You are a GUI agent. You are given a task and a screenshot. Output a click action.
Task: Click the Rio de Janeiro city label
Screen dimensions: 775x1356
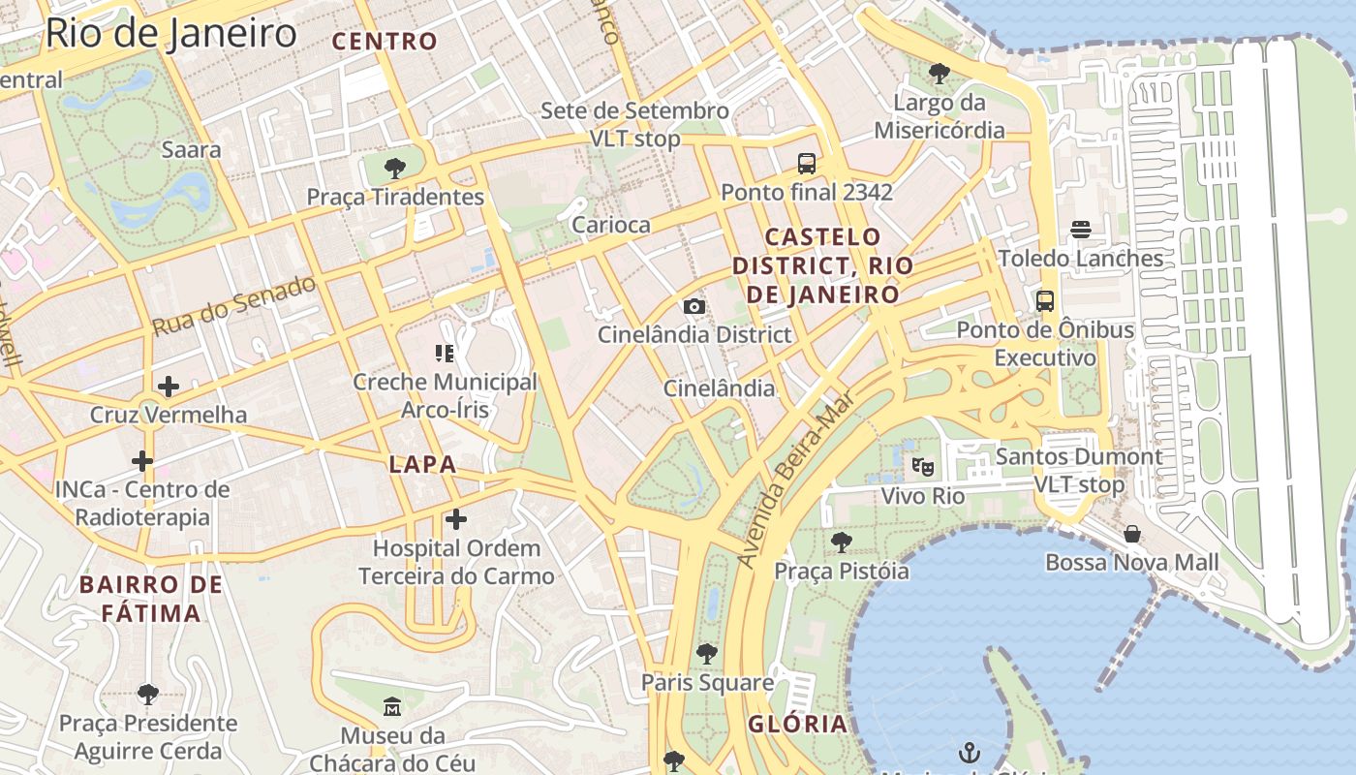170,34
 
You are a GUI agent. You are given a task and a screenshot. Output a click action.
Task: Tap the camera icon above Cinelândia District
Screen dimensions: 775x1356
693,307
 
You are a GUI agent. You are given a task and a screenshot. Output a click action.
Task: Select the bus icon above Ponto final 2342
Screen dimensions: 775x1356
807,164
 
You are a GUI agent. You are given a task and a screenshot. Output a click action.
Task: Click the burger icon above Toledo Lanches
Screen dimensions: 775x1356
1081,230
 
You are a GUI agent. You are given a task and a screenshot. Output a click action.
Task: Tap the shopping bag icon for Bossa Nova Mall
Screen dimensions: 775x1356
1131,534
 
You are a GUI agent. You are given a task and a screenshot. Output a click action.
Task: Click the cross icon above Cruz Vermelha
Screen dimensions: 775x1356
169,387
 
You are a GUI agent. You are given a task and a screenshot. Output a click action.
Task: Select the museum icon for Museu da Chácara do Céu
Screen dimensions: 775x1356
391,706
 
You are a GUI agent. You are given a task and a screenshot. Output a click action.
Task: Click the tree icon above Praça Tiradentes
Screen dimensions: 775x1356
394,169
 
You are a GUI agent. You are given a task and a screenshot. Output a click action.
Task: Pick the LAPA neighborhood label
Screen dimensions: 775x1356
422,464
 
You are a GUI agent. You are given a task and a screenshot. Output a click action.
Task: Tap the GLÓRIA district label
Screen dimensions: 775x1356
797,724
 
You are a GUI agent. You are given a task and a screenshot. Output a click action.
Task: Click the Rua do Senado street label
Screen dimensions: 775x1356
234,305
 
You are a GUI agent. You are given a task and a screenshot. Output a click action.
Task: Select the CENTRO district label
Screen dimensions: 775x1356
385,42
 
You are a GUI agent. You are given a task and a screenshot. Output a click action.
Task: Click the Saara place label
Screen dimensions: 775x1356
191,150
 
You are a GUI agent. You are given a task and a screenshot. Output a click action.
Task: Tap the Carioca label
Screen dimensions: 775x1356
611,225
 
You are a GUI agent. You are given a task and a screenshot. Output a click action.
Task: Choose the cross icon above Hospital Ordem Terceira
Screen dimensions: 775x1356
455,520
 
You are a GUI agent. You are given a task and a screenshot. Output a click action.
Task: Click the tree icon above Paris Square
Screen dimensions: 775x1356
707,654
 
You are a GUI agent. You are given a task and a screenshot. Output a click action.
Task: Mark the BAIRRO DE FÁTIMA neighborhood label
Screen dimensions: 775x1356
151,599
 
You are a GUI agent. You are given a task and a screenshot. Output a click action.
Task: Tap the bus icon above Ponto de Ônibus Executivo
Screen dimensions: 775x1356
1044,301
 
